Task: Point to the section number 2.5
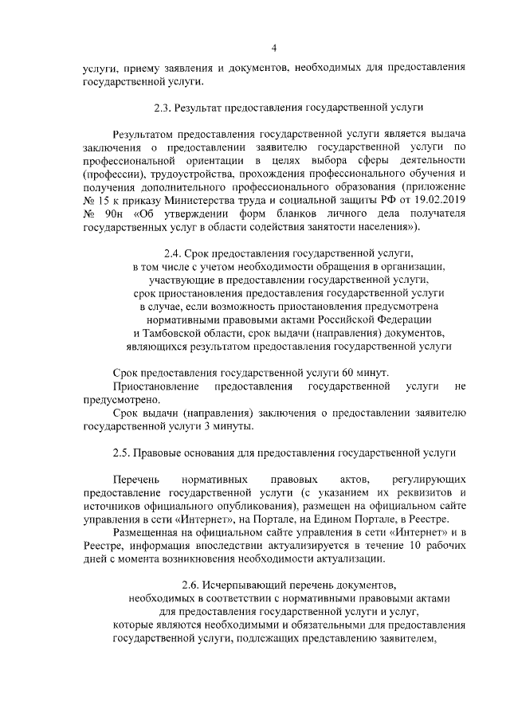point(122,453)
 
